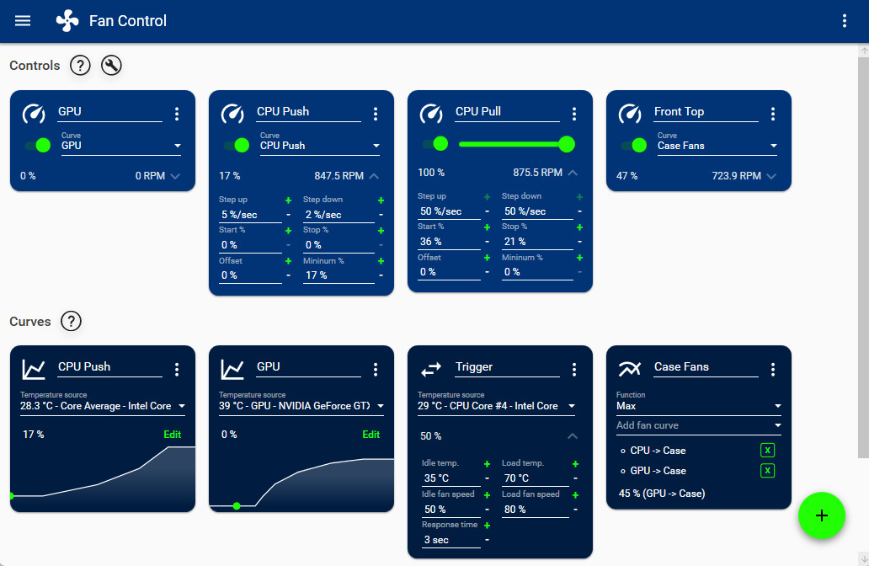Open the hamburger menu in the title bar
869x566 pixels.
pos(23,21)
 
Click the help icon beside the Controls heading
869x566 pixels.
pos(80,65)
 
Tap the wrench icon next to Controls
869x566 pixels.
pos(111,65)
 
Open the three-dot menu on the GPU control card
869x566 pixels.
pos(177,114)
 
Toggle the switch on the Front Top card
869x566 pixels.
pos(634,145)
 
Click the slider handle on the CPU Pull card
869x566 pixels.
pos(567,144)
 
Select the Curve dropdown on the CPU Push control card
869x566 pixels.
pos(319,146)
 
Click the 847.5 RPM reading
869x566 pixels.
pos(339,176)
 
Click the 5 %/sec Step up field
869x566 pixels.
pos(249,215)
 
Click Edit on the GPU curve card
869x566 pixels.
pos(371,435)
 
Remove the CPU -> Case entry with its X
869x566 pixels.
pos(767,451)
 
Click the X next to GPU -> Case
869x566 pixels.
pos(767,471)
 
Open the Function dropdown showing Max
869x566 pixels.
pos(698,406)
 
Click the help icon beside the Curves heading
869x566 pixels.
pos(72,321)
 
